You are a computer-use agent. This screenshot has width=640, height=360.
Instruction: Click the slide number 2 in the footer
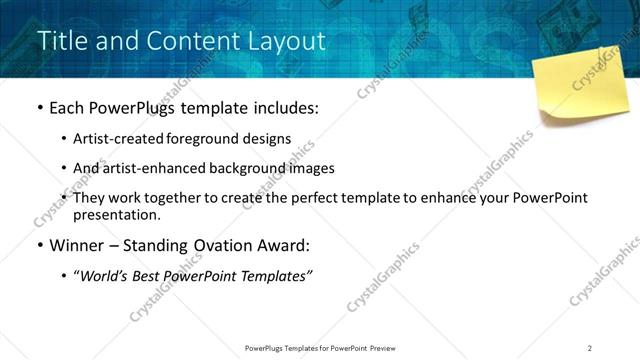[x=590, y=348]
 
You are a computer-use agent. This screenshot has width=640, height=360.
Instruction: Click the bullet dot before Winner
[x=39, y=246]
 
